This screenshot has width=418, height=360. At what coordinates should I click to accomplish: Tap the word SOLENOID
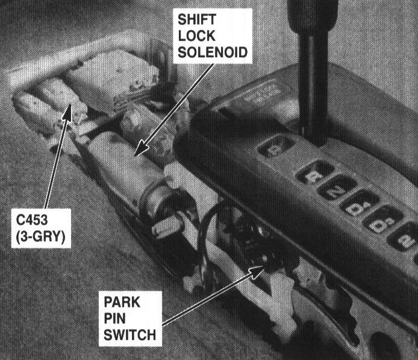[x=212, y=53]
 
